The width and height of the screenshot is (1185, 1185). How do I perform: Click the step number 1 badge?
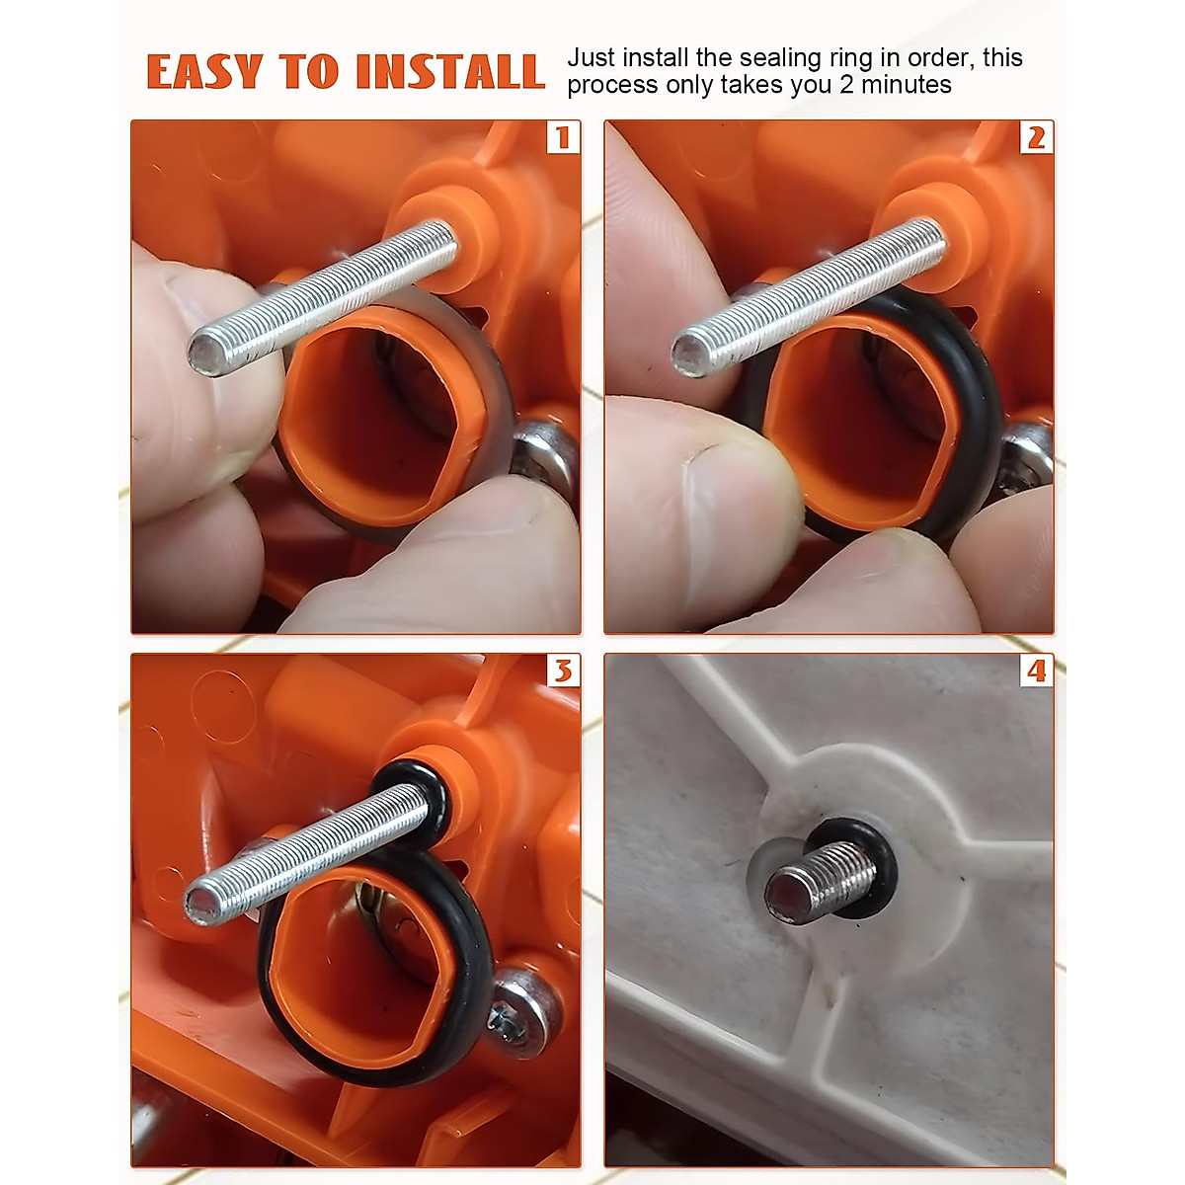click(x=563, y=137)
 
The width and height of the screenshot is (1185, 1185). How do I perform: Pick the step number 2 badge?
click(x=1036, y=137)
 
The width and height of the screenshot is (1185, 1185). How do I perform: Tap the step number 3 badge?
click(x=563, y=671)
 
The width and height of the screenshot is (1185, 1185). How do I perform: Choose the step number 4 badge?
click(x=1036, y=671)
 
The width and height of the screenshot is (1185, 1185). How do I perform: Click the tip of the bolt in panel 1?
click(x=206, y=354)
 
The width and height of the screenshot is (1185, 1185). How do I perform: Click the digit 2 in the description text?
click(x=847, y=86)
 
